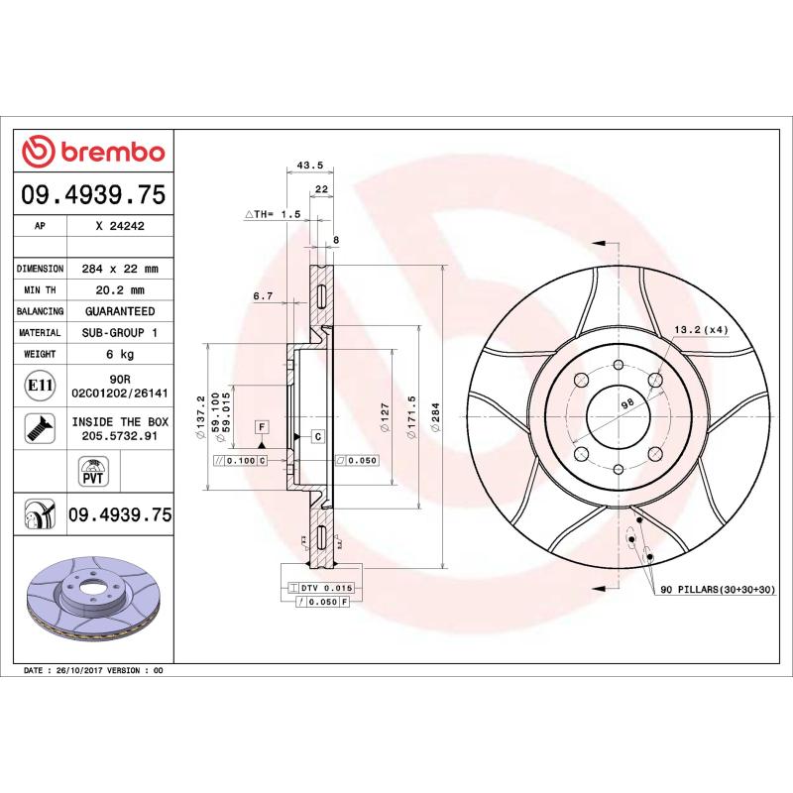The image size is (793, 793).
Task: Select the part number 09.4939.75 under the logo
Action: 93,194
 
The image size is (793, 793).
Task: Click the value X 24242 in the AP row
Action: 120,226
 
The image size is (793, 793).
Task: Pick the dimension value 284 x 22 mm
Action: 120,269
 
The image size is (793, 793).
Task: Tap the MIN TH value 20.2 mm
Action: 120,290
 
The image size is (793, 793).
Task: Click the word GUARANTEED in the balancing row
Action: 120,311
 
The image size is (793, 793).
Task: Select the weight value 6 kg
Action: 120,354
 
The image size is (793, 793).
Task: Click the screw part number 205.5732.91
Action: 120,435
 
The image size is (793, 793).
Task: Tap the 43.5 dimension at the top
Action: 309,166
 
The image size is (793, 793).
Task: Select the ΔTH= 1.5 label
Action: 273,214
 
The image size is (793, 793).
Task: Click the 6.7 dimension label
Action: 263,295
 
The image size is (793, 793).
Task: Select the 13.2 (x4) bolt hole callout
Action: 702,329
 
